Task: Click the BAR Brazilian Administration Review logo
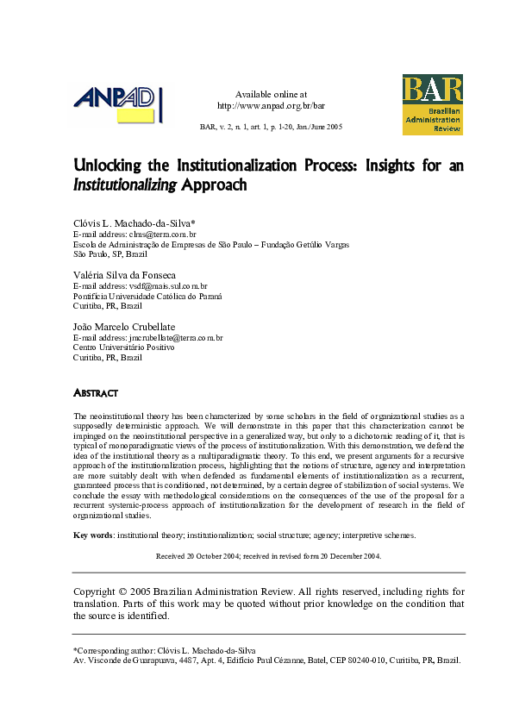pos(432,104)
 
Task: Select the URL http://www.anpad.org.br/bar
pos(271,106)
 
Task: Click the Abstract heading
pos(95,393)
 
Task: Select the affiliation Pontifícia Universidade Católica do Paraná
pos(147,296)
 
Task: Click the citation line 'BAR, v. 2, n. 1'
pos(271,127)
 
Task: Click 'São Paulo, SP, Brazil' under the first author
pos(110,254)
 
